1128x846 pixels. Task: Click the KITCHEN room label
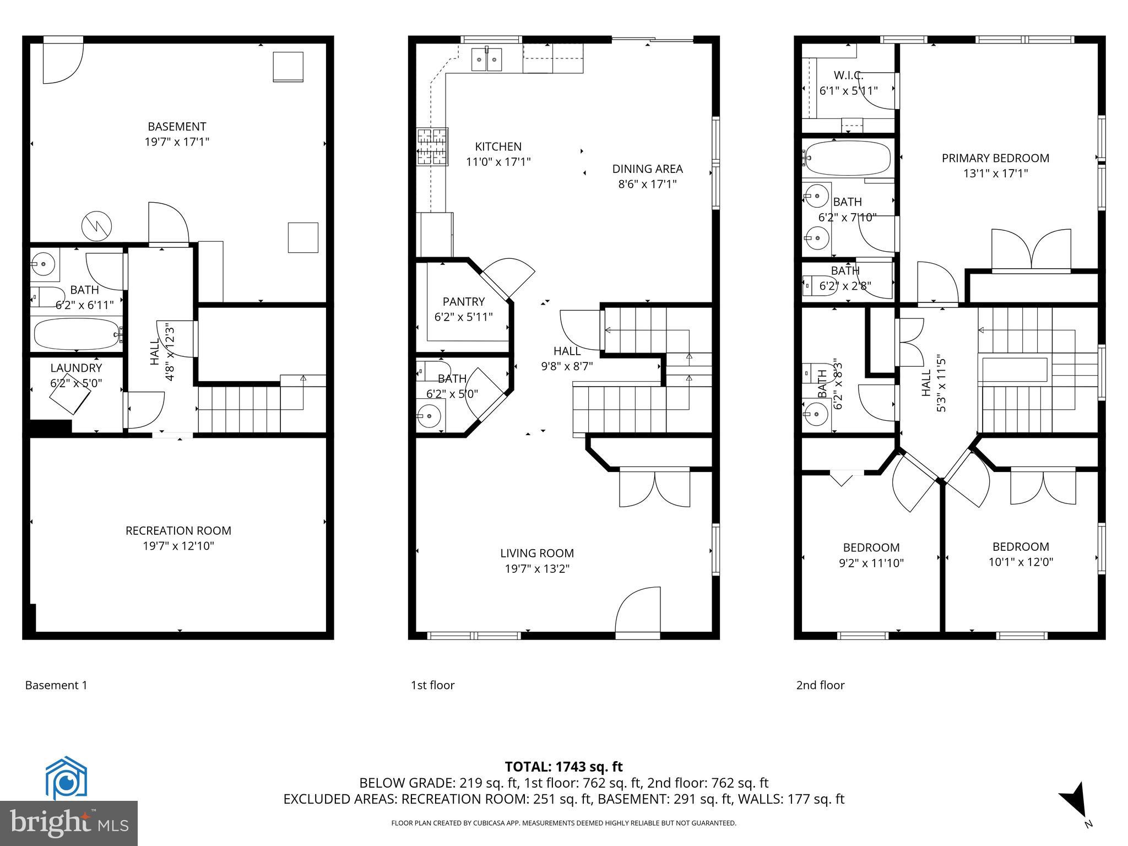click(498, 147)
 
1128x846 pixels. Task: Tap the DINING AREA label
click(647, 169)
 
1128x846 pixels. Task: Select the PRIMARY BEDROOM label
click(995, 159)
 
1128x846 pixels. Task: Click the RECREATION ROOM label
click(178, 531)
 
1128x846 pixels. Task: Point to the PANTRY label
click(463, 302)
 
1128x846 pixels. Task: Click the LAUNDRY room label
click(76, 368)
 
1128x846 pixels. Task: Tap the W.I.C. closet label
click(848, 75)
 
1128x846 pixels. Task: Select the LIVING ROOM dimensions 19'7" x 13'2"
click(537, 569)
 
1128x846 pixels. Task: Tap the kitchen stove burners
click(432, 147)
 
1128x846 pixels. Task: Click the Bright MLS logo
click(69, 823)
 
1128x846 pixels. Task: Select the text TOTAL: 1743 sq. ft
click(563, 767)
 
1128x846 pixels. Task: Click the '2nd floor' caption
click(820, 685)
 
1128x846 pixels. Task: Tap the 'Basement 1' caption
click(56, 685)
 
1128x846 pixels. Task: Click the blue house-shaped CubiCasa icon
click(66, 778)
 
